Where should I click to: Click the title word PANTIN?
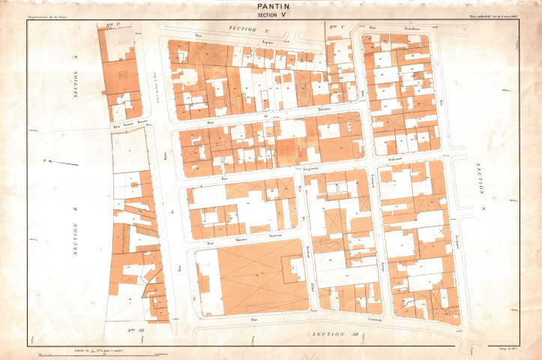click(271, 6)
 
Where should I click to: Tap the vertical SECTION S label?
click(76, 84)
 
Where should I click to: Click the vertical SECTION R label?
click(76, 241)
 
